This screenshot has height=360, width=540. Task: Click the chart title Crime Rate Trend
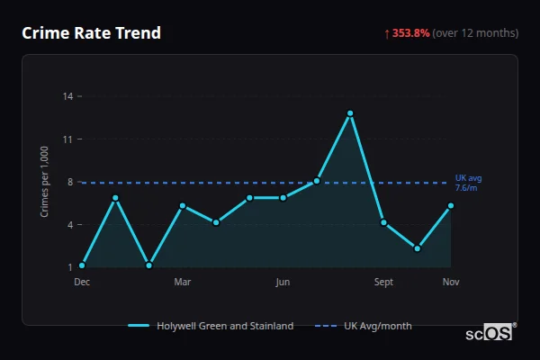(91, 33)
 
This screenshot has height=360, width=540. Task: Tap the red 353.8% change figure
(409, 33)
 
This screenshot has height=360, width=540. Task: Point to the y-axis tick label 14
(67, 95)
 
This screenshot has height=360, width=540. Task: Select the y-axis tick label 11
(67, 139)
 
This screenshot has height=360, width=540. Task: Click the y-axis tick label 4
(69, 224)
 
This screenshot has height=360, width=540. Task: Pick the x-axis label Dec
(82, 282)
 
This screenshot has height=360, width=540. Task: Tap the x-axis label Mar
(183, 282)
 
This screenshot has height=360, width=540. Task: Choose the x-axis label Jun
(283, 282)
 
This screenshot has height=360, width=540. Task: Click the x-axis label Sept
(384, 282)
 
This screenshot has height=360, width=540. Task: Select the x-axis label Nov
(451, 282)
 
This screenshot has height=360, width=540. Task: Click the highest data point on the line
(350, 113)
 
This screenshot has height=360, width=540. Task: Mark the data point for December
(82, 265)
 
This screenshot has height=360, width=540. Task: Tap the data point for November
(451, 206)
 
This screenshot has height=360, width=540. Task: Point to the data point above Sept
(383, 222)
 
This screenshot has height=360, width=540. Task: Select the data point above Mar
(183, 206)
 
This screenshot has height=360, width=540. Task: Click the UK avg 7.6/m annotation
(469, 183)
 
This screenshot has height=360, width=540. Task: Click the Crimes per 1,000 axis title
(44, 181)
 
